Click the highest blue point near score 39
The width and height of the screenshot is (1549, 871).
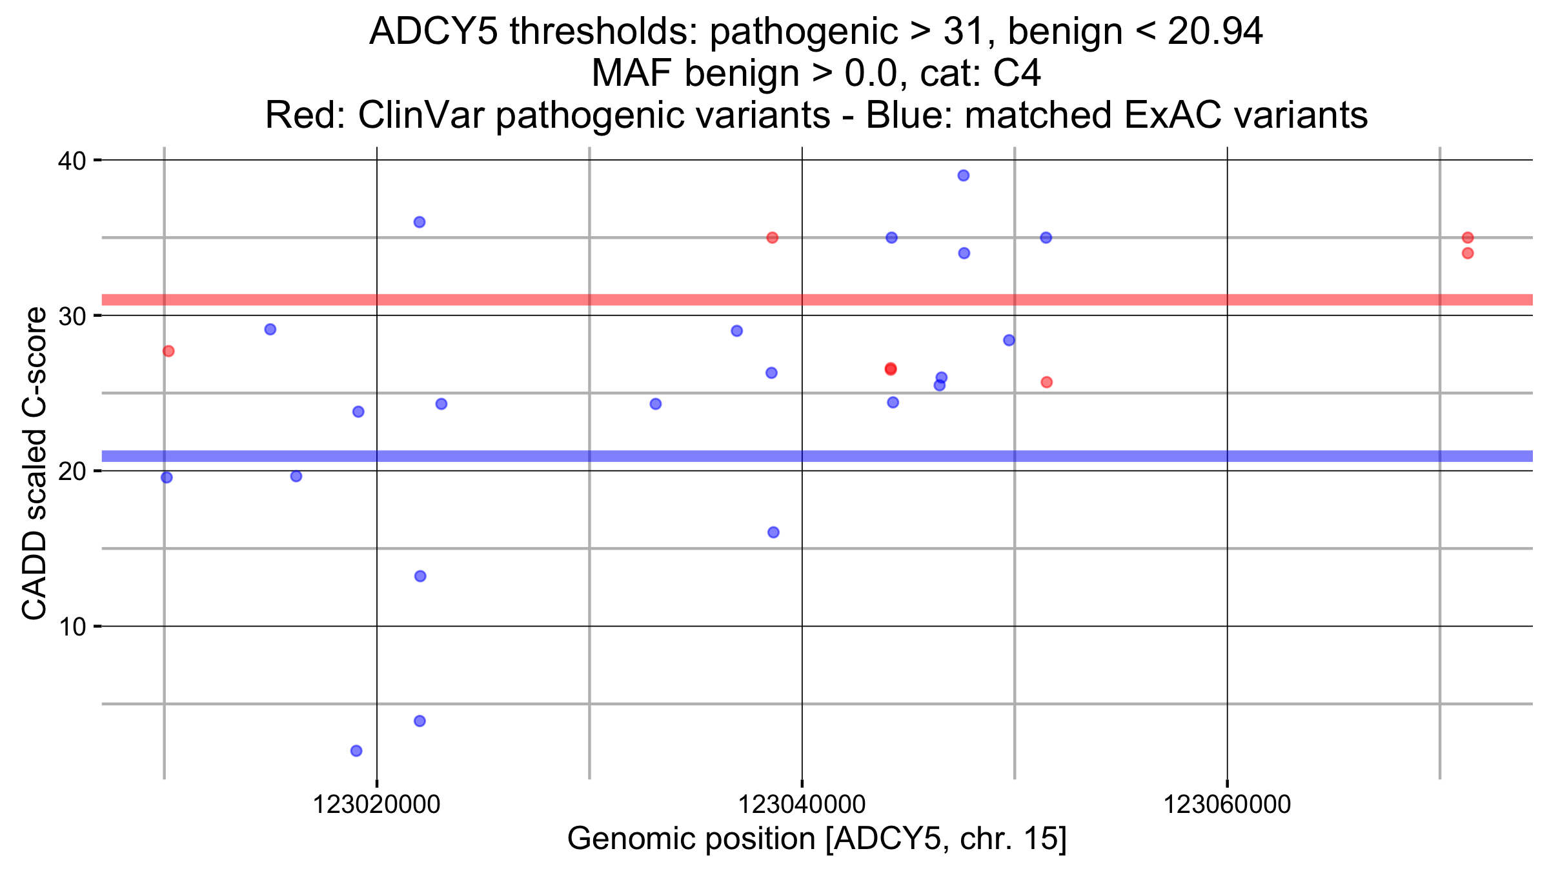click(x=963, y=175)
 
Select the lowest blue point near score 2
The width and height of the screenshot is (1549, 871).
click(x=356, y=750)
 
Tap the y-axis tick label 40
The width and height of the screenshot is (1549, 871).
click(x=72, y=161)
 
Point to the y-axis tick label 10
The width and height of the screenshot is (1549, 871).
click(x=72, y=626)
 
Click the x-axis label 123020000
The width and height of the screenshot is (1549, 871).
click(x=376, y=805)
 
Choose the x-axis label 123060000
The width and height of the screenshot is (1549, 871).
click(x=1227, y=805)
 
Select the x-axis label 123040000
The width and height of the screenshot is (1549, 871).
click(x=802, y=805)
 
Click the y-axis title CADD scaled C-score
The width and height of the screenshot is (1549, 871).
click(x=35, y=463)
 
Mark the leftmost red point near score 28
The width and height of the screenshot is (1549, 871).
click(x=168, y=351)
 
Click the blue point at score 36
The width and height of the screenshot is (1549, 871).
click(x=419, y=222)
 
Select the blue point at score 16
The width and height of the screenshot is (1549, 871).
click(x=773, y=532)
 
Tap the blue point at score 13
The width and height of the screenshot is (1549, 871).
click(x=420, y=576)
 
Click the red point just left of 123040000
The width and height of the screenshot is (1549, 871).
click(x=772, y=237)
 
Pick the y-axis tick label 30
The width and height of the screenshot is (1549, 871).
click(x=72, y=316)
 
